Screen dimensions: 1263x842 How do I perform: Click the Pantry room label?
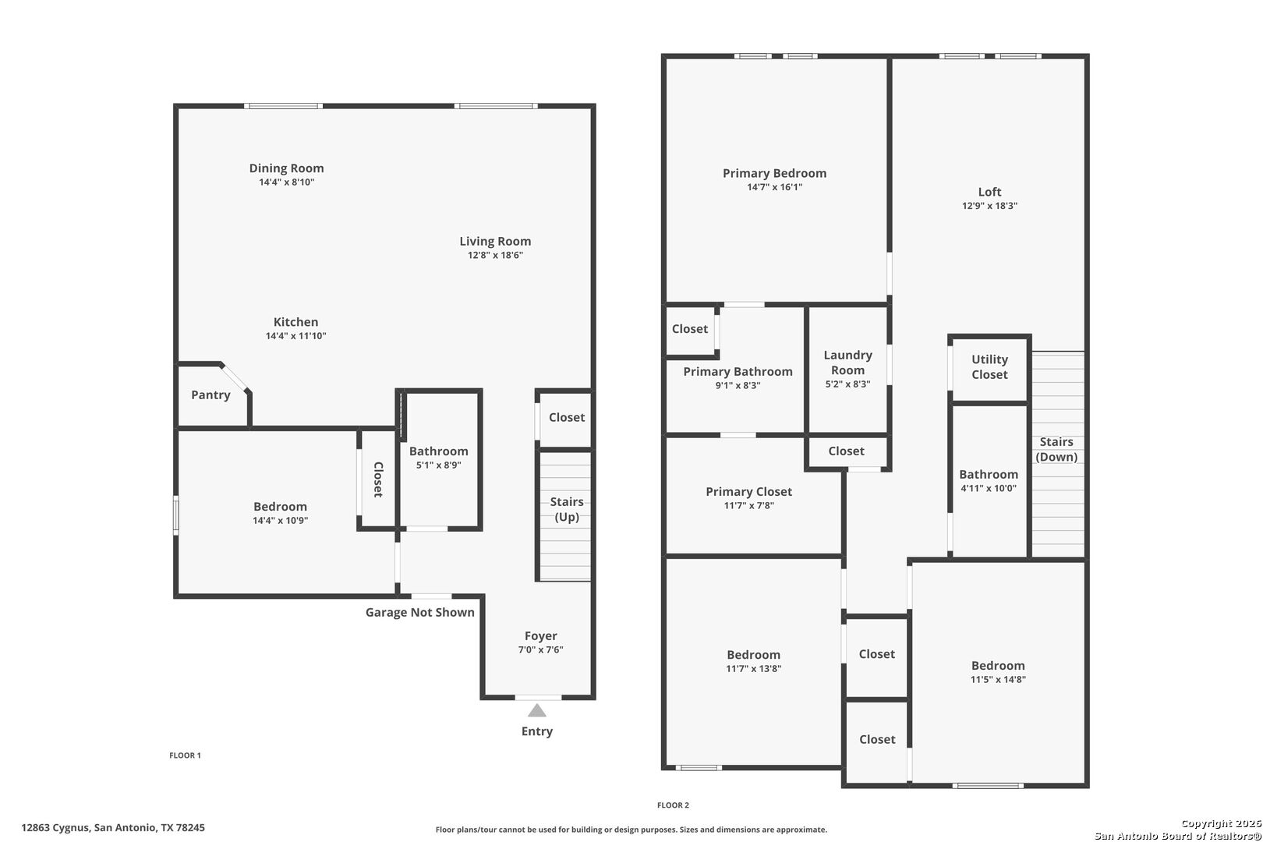pos(210,394)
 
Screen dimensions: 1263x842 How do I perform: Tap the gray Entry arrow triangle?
pos(536,710)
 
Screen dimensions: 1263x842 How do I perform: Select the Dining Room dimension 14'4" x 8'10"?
pos(286,182)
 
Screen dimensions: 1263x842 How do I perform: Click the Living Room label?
pos(495,242)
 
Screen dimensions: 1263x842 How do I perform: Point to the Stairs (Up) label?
pos(567,509)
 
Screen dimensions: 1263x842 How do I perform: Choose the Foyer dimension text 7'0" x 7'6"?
pos(541,649)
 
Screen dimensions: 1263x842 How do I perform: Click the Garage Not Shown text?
pos(420,613)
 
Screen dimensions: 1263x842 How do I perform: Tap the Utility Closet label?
pos(989,367)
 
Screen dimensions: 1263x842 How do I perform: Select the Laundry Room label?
pos(848,363)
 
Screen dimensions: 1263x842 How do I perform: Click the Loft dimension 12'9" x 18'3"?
pos(989,206)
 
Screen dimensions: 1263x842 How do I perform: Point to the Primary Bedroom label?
pos(775,173)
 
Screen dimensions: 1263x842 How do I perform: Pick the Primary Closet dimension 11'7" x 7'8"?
pos(748,506)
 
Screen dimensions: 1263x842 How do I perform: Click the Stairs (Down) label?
pos(1056,450)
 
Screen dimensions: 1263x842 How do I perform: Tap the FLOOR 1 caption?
pos(185,755)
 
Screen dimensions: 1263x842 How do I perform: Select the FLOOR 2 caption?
pos(674,805)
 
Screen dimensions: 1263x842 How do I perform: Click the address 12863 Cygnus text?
pos(55,828)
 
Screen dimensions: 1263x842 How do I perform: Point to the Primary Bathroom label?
pos(738,372)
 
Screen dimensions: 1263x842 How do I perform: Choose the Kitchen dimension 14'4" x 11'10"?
pos(296,336)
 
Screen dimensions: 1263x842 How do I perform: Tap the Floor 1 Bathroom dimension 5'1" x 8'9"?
pos(439,465)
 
